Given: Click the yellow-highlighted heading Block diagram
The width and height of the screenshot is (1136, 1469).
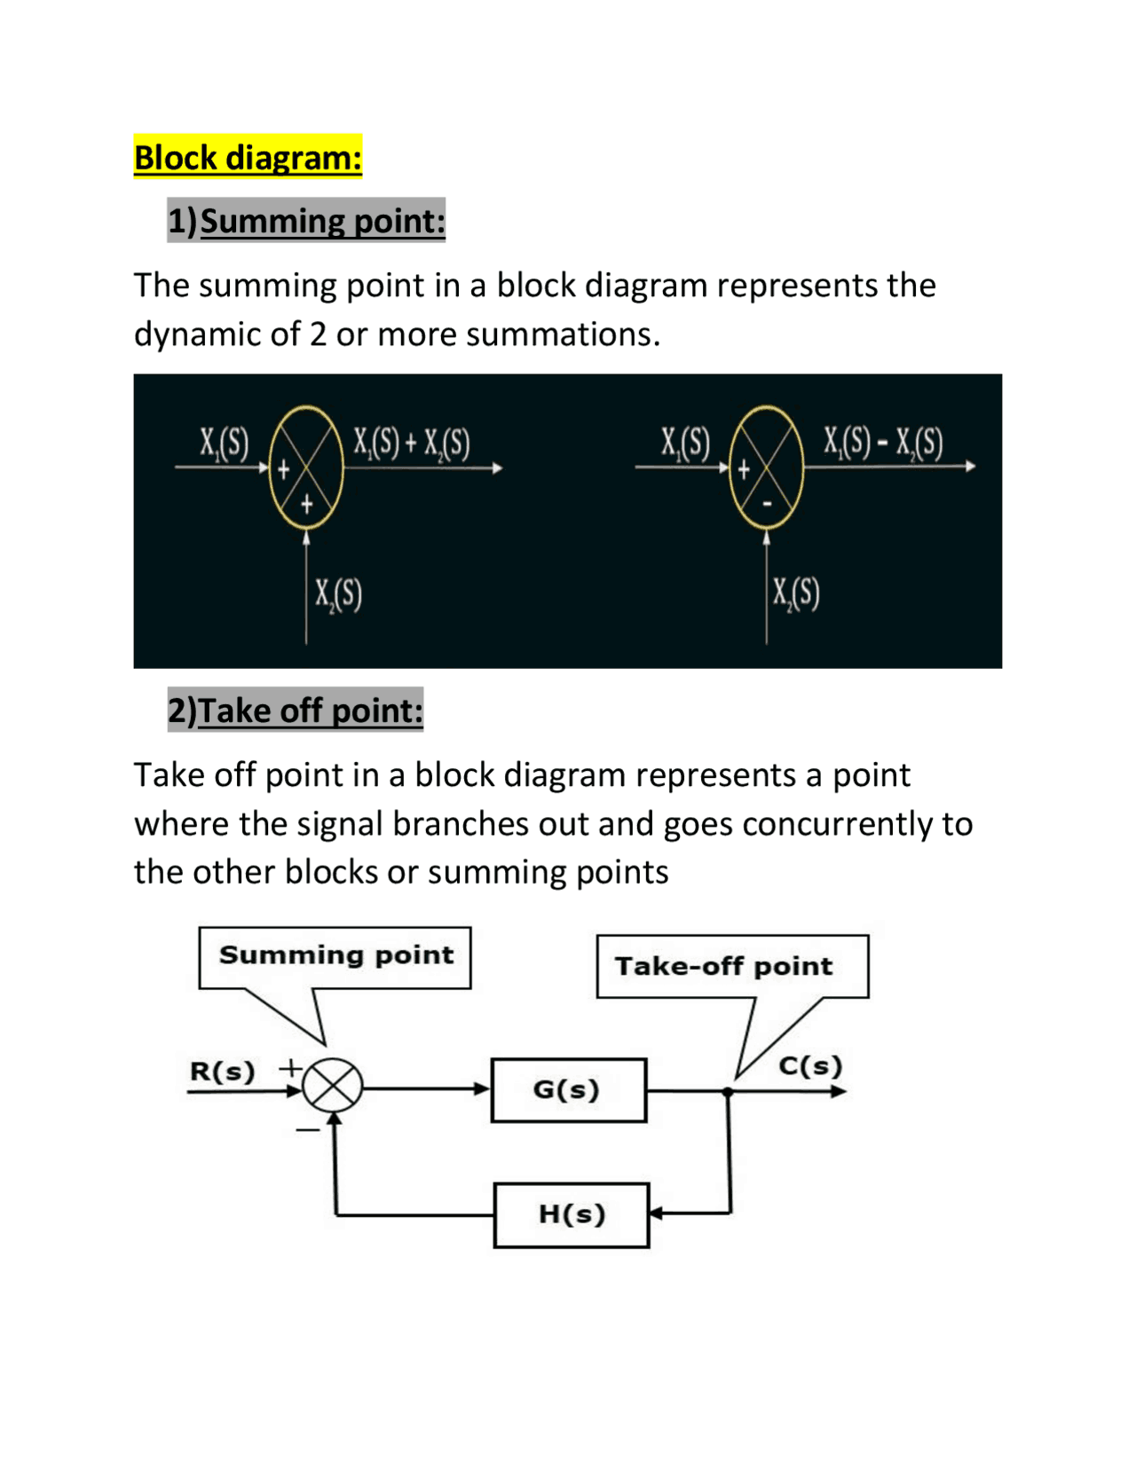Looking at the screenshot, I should [x=248, y=157].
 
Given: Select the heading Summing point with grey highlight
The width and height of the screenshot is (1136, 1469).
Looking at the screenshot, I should [x=306, y=220].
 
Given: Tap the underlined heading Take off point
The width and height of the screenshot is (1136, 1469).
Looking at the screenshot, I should [x=296, y=710].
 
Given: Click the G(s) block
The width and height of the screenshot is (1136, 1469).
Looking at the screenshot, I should [x=568, y=1089].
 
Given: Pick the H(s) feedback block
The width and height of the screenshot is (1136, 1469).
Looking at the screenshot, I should [x=572, y=1214].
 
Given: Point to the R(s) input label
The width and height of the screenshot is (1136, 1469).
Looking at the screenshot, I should [x=222, y=1071].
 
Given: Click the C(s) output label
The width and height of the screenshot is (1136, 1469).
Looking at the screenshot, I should [x=809, y=1065].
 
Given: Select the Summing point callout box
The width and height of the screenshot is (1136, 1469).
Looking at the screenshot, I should [x=335, y=956].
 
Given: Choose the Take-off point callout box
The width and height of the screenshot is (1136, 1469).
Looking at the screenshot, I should [x=731, y=966].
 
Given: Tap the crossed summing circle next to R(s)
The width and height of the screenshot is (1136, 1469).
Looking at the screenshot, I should [x=333, y=1085].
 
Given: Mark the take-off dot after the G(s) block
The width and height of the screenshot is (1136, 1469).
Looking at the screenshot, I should [x=728, y=1092].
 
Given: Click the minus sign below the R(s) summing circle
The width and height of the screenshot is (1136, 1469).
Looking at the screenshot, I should [x=307, y=1130].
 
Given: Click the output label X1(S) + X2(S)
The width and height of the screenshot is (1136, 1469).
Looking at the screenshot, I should [x=411, y=442].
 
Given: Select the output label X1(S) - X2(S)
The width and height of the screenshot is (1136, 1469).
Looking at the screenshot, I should [x=883, y=441].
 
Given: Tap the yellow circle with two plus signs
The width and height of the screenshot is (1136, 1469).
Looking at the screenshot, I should [x=306, y=467].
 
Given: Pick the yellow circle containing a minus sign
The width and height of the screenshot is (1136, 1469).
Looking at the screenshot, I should [x=766, y=467].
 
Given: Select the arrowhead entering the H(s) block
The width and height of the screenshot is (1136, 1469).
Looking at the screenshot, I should [x=656, y=1213].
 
